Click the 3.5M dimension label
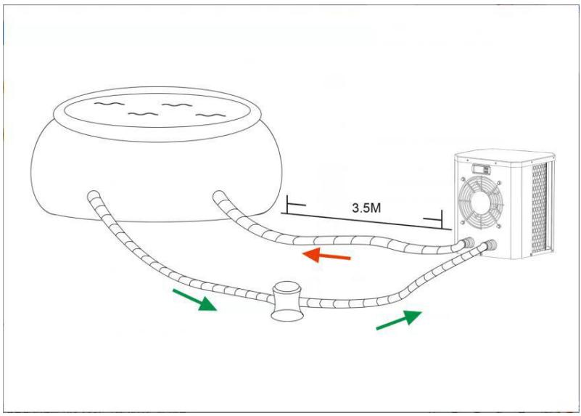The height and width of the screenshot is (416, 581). [x=364, y=208]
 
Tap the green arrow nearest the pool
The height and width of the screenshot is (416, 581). [x=194, y=299]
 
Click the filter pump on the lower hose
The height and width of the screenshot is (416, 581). [x=287, y=301]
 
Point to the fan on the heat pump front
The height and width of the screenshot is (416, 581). [x=487, y=208]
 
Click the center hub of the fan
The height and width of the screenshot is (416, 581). [x=487, y=208]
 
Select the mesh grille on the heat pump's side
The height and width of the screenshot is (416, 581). [x=540, y=211]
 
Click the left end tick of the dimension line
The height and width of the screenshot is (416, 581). [x=288, y=207]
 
